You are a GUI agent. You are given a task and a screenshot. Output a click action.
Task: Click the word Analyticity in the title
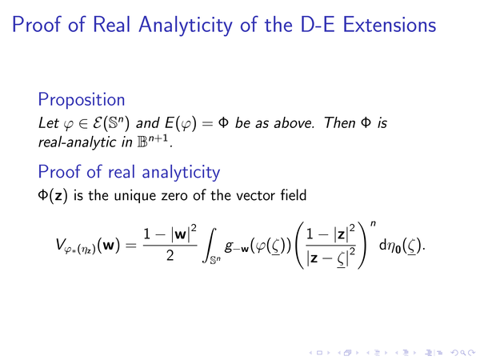click(186, 25)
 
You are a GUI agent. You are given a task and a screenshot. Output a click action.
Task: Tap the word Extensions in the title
click(390, 25)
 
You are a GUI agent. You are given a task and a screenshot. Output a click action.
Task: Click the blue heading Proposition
click(82, 100)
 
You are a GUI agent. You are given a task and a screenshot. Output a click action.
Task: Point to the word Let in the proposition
click(48, 123)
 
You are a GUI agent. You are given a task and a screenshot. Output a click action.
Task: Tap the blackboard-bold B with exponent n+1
click(153, 141)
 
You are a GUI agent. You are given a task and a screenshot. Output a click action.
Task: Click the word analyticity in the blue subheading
click(181, 172)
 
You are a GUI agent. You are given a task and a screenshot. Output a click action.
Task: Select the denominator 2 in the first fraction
click(170, 255)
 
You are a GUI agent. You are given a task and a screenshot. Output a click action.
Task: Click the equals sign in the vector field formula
click(131, 246)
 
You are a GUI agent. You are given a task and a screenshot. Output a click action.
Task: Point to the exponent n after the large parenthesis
click(373, 223)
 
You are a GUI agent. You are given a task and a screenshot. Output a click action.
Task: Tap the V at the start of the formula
click(60, 244)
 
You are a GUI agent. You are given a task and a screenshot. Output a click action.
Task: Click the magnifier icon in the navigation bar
click(464, 353)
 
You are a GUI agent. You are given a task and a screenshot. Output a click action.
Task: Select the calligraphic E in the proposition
click(97, 123)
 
